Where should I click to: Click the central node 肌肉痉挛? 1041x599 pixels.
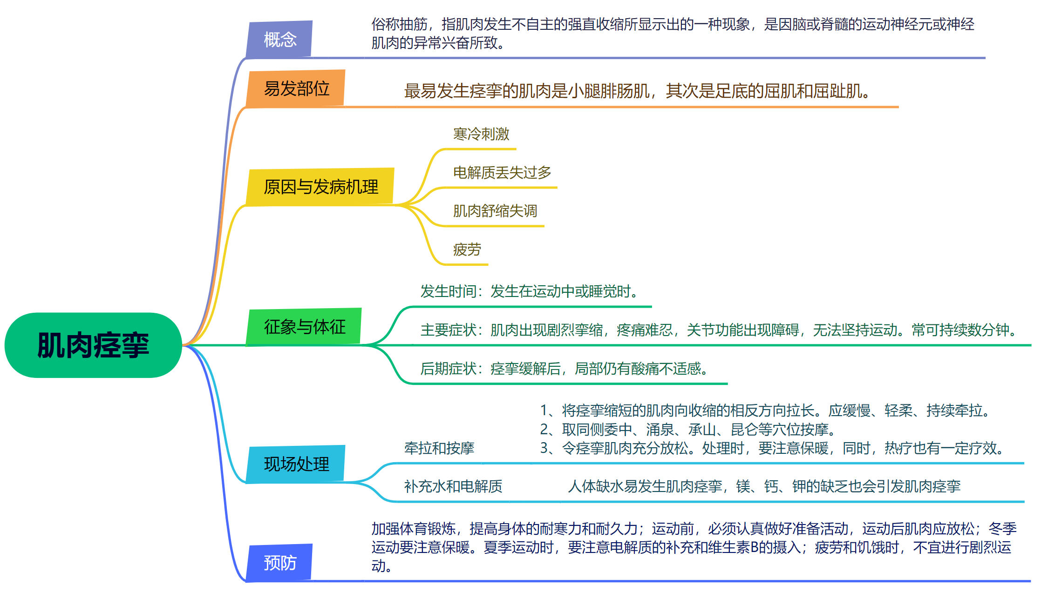(x=93, y=345)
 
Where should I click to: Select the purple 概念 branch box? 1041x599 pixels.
(x=279, y=39)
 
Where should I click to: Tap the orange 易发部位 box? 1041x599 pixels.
(x=296, y=88)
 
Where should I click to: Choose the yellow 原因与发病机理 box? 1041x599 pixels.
(x=320, y=187)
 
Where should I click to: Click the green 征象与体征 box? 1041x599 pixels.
(x=305, y=327)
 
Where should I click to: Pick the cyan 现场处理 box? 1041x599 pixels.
(x=296, y=464)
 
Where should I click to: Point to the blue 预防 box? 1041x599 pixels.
(x=279, y=563)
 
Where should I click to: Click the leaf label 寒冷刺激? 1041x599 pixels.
(x=481, y=134)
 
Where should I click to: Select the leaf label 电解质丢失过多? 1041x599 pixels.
(x=502, y=173)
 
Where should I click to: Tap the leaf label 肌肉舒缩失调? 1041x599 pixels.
(x=495, y=211)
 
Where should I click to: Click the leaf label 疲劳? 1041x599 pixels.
(x=467, y=249)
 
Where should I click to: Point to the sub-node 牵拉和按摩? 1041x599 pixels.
(x=439, y=448)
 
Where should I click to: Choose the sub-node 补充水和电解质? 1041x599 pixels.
(x=453, y=486)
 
